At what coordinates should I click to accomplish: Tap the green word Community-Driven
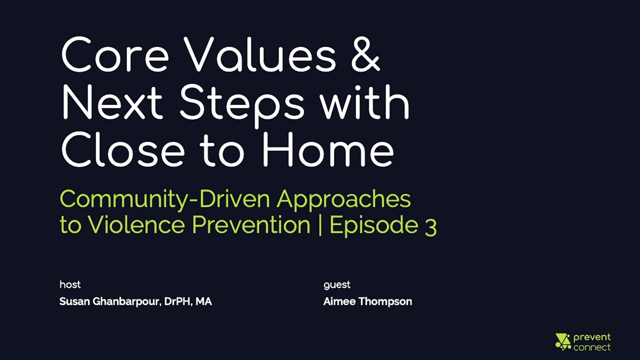tap(165, 199)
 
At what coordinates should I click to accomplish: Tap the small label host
tap(70, 284)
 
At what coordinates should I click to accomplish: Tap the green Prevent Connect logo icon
tap(563, 341)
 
